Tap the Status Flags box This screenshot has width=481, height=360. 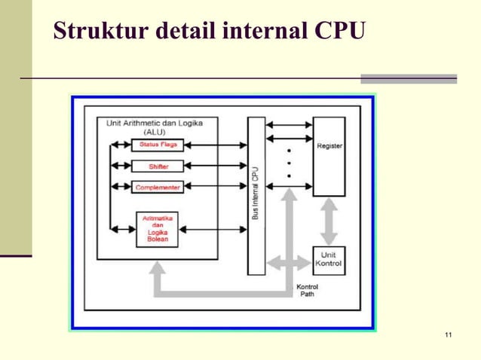click(158, 145)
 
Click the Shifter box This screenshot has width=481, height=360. click(158, 166)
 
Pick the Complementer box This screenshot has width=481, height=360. click(158, 187)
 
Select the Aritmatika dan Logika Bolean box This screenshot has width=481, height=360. click(157, 229)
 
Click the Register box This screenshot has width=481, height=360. click(329, 156)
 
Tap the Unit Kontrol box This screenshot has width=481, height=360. click(329, 260)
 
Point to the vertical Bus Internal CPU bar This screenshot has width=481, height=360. click(256, 195)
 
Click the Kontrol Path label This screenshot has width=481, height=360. click(307, 290)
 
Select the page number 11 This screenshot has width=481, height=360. click(449, 334)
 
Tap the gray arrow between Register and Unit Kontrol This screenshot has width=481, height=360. click(329, 221)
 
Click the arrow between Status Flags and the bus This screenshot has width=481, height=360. click(215, 145)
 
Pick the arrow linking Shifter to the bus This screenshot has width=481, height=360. click(215, 166)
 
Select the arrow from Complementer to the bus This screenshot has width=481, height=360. click(215, 187)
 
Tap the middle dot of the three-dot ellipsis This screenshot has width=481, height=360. click(289, 163)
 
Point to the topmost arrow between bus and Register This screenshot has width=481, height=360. click(289, 125)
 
